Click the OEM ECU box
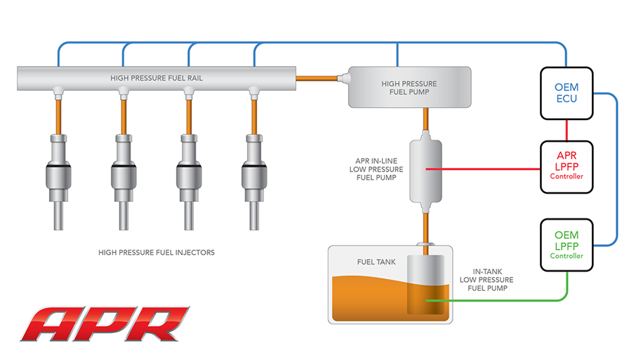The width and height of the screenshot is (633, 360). pos(566,93)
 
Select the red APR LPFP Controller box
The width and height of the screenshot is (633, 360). pos(566,167)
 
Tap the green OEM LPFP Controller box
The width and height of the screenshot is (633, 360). pos(566,245)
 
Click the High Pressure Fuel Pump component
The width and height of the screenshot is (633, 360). pos(409,88)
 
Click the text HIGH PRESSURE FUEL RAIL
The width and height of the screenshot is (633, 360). pos(156,78)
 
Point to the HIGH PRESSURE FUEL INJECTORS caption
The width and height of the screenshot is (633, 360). pos(156,252)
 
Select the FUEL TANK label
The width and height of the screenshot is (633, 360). pos(376,262)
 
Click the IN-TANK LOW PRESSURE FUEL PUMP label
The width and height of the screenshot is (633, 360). pos(487,280)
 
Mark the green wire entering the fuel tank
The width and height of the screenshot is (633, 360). pos(495,300)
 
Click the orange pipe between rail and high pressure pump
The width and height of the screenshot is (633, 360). pos(316,78)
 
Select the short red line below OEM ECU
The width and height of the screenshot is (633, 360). pos(566,130)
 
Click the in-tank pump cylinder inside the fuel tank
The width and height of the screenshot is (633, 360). pos(425,284)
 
